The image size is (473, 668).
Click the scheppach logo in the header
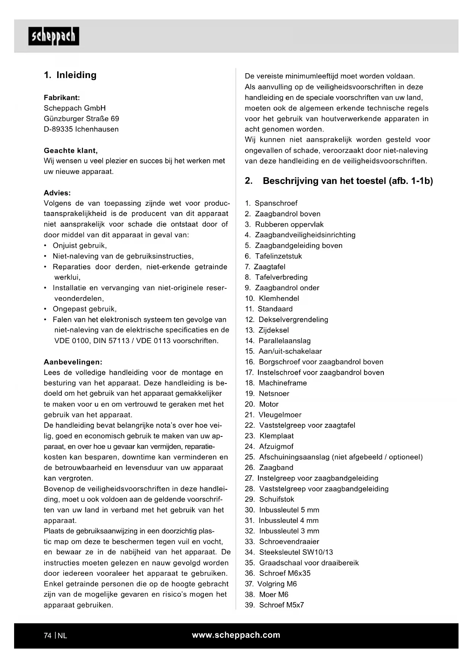[x=54, y=36]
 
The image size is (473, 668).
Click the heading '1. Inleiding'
[x=70, y=75]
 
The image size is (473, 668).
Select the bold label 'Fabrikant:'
[x=62, y=97]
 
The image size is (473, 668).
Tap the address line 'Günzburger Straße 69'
[x=81, y=118]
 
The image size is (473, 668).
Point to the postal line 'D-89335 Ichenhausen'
[x=81, y=129]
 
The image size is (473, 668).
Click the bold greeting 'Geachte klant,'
[x=71, y=150]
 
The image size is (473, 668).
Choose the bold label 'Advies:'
[x=57, y=193]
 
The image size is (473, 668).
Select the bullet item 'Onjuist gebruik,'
[x=80, y=246]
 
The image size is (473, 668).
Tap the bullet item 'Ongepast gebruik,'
[x=85, y=309]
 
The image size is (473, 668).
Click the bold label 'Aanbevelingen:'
[x=73, y=362]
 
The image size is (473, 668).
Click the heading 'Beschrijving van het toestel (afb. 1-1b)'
[x=348, y=181]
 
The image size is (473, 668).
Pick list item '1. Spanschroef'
[x=271, y=203]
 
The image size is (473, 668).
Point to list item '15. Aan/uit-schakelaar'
[x=283, y=352]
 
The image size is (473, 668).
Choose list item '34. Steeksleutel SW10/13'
[x=289, y=552]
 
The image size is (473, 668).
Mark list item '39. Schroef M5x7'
[x=274, y=605]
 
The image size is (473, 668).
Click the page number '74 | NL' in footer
[x=55, y=636]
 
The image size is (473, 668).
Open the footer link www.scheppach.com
[x=236, y=635]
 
